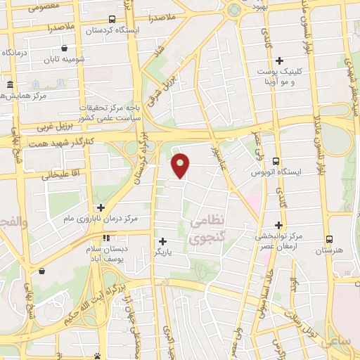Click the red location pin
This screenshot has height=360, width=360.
(x=181, y=165)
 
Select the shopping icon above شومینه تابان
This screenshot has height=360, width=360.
(x=65, y=49)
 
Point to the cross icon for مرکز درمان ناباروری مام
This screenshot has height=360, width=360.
(x=101, y=208)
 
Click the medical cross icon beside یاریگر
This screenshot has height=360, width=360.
(x=162, y=241)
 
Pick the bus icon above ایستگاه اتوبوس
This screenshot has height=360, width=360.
(x=276, y=161)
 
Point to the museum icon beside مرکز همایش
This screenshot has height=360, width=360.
(x=10, y=85)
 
